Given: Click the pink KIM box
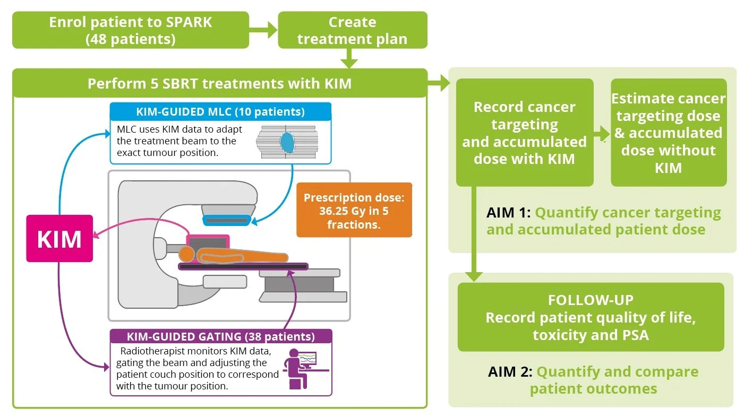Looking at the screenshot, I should click(59, 239).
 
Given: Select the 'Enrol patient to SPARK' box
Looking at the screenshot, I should click(131, 30).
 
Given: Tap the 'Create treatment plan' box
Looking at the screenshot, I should click(352, 30).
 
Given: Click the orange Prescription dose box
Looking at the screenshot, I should click(354, 211).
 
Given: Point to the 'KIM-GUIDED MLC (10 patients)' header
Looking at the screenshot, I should click(220, 111).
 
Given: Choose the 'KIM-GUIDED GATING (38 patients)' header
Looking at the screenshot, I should click(220, 336).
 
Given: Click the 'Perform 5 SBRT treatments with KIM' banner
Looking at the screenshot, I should click(219, 83).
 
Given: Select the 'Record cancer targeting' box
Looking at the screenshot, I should click(524, 133).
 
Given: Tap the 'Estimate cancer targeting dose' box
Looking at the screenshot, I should click(668, 133).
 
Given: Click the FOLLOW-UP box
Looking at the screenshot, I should click(591, 317).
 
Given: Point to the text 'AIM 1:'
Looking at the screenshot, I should click(508, 213).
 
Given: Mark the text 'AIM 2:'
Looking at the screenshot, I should click(509, 371).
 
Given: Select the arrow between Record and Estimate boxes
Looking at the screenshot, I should click(602, 133).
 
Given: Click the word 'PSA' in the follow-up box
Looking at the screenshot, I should click(635, 334).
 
